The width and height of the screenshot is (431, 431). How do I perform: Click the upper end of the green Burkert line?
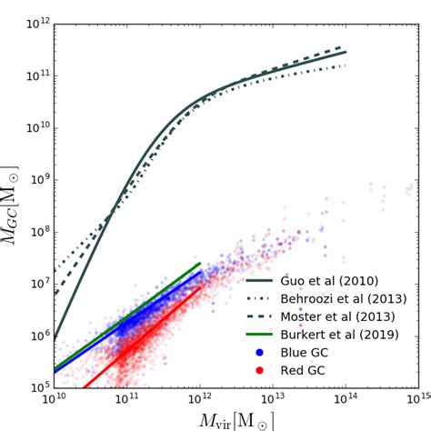click(x=200, y=264)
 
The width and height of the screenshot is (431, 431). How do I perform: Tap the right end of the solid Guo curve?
click(x=346, y=52)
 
